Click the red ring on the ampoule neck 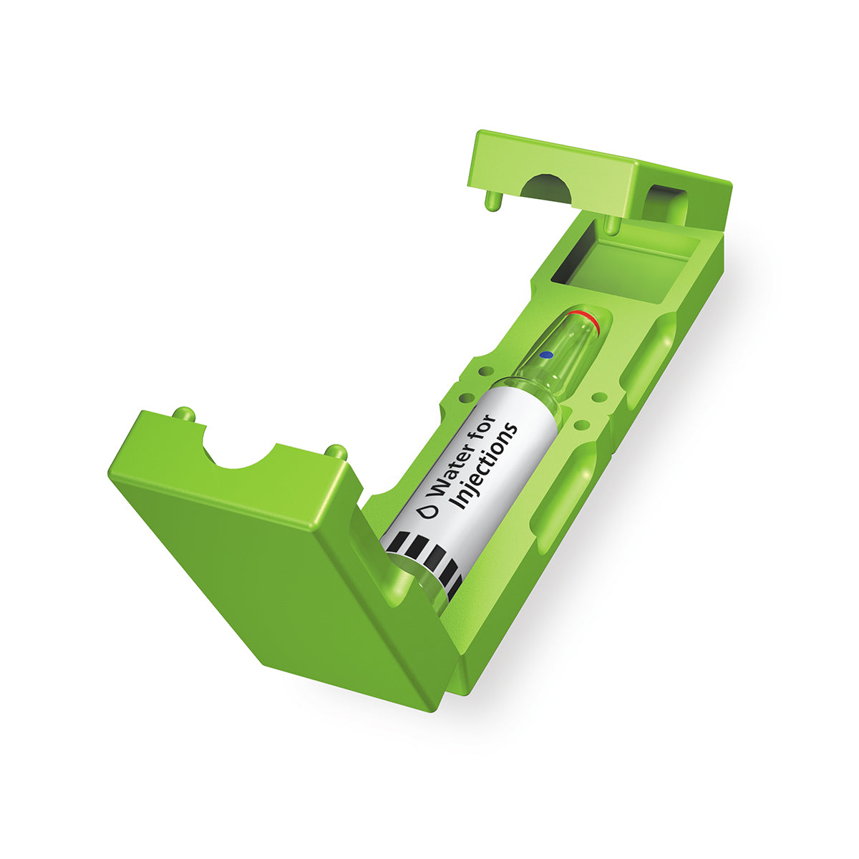[x=582, y=318]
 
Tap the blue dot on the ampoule [x=546, y=355]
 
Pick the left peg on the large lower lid [x=184, y=414]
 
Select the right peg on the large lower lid [x=336, y=452]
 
